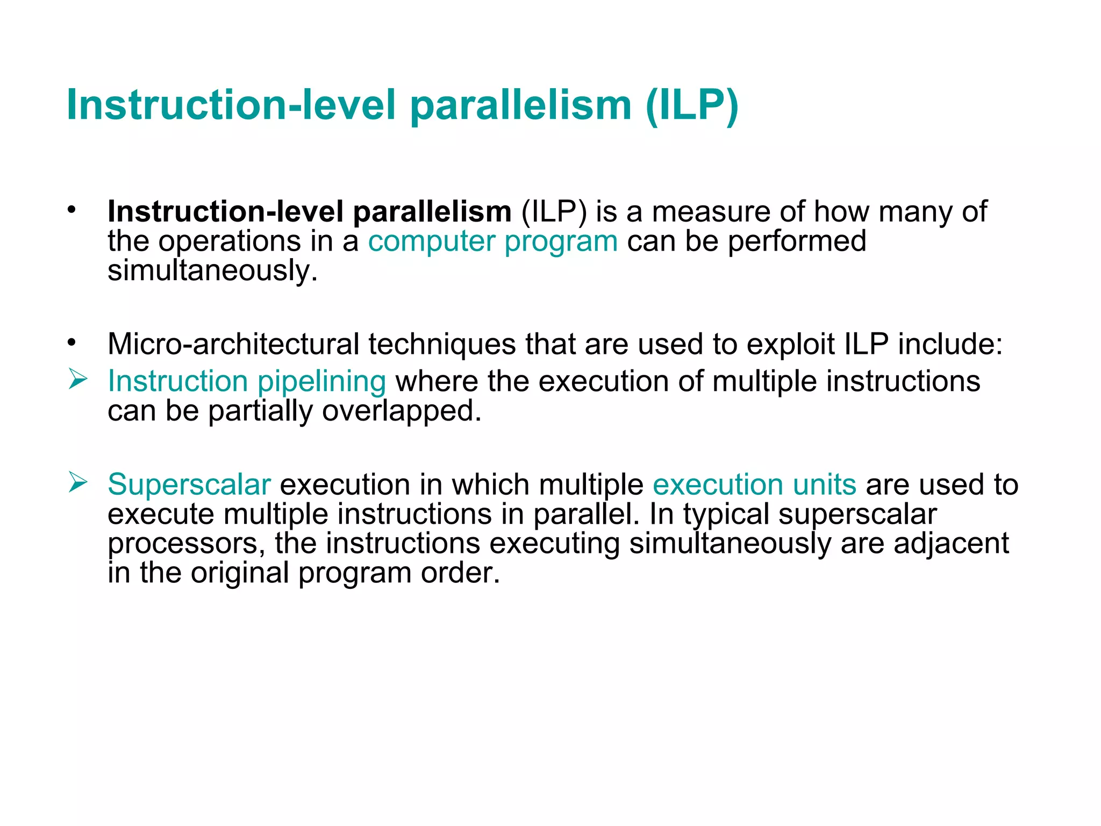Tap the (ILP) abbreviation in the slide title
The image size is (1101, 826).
tap(692, 105)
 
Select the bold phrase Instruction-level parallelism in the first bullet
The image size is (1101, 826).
tap(309, 211)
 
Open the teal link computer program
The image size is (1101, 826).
tap(492, 241)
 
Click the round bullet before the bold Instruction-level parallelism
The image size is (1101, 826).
tap(72, 210)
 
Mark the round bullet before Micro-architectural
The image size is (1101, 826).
tap(72, 343)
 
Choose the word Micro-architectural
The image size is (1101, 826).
tap(233, 344)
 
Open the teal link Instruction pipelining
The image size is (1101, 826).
tap(247, 381)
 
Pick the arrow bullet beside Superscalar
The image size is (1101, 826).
tap(78, 482)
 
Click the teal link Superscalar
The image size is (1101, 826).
tap(189, 485)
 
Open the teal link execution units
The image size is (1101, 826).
tap(754, 485)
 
